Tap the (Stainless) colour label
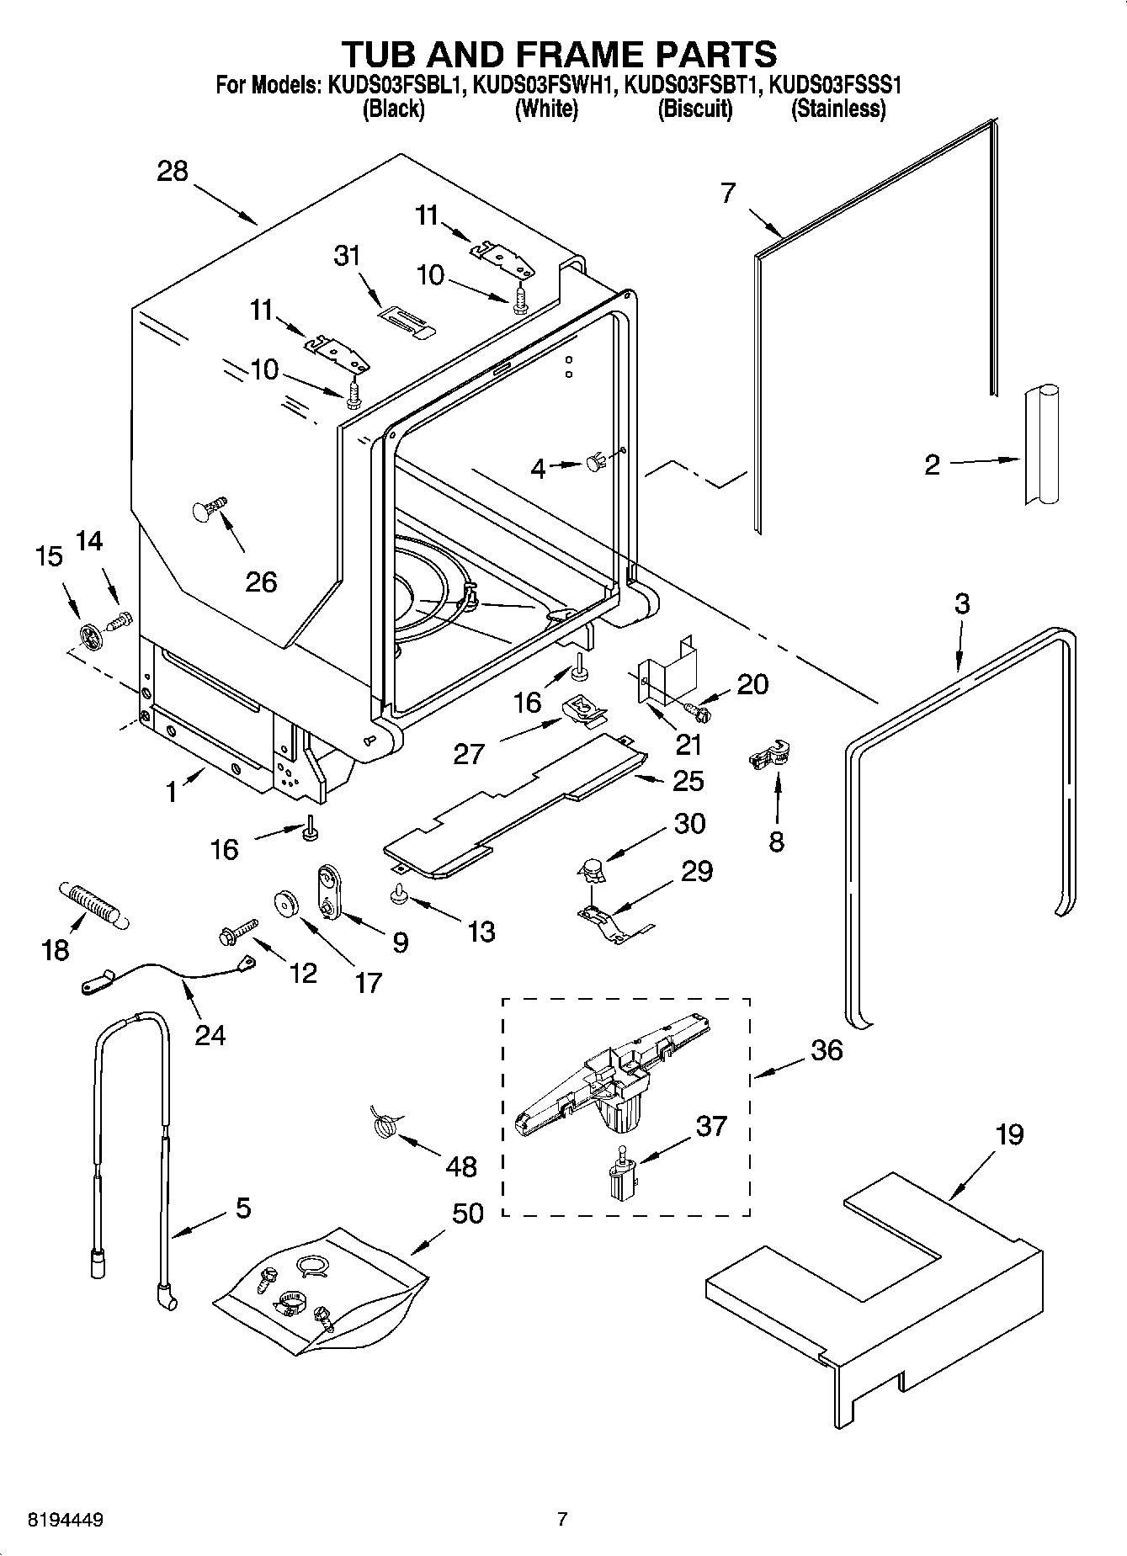tap(837, 108)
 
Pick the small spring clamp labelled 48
tap(385, 1124)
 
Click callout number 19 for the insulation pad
tap(1009, 1135)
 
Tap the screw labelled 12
tap(235, 931)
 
